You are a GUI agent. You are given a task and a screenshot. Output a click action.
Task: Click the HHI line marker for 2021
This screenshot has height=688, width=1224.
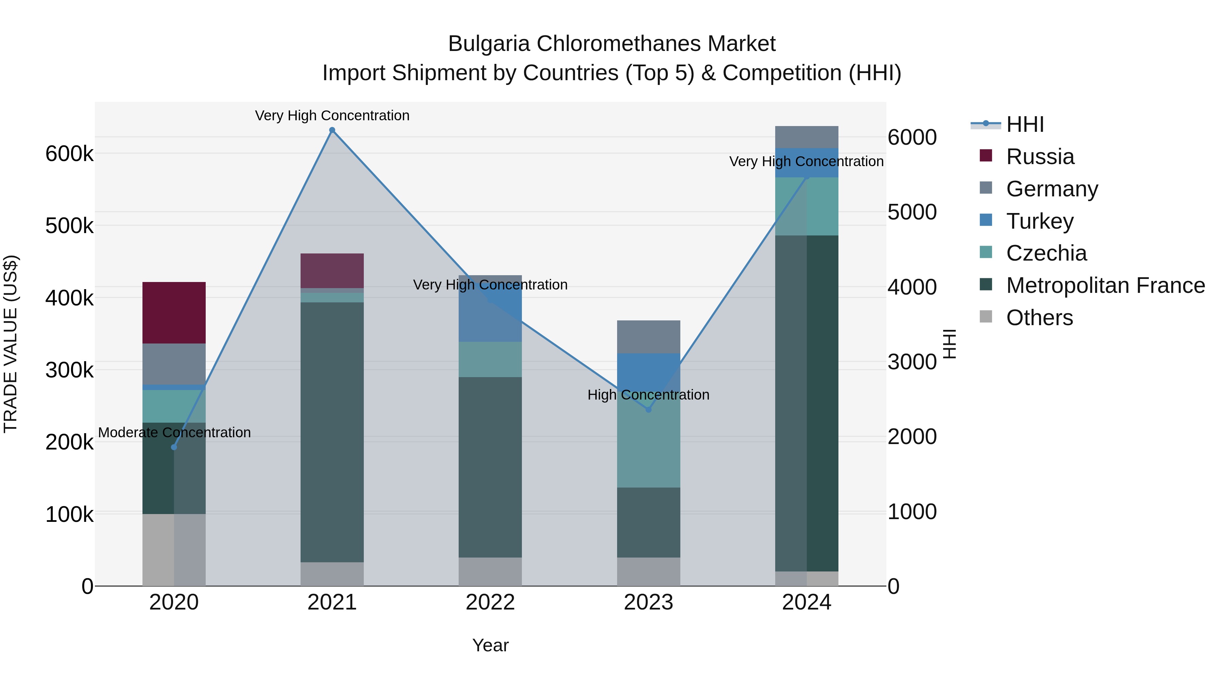point(332,130)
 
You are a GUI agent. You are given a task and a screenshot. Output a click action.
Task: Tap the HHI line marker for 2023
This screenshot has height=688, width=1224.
point(649,409)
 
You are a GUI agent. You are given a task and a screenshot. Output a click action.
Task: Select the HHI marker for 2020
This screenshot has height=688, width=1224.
point(174,447)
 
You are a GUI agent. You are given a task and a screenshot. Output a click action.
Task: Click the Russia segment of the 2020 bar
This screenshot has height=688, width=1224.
point(174,313)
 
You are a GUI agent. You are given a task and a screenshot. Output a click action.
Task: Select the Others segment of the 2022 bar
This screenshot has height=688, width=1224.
point(490,572)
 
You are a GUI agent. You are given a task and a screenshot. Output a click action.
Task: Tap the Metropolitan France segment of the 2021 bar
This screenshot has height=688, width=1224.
point(332,432)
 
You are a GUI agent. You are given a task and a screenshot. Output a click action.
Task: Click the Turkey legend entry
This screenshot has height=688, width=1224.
point(1040,221)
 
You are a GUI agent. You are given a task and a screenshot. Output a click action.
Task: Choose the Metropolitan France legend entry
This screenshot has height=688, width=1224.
point(1105,286)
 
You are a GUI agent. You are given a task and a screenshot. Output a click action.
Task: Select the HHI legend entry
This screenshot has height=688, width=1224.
point(1025,124)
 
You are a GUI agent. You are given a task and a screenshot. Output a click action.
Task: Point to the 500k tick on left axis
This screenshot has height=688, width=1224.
point(69,226)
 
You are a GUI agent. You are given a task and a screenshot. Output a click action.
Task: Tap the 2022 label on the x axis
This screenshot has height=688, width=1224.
point(490,602)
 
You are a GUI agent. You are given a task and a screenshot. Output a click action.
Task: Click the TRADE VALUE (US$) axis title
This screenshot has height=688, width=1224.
point(11,344)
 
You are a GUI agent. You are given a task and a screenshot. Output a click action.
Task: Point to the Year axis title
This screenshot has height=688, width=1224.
point(490,645)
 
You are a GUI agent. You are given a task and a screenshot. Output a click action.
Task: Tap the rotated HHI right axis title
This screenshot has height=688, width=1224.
point(949,344)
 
